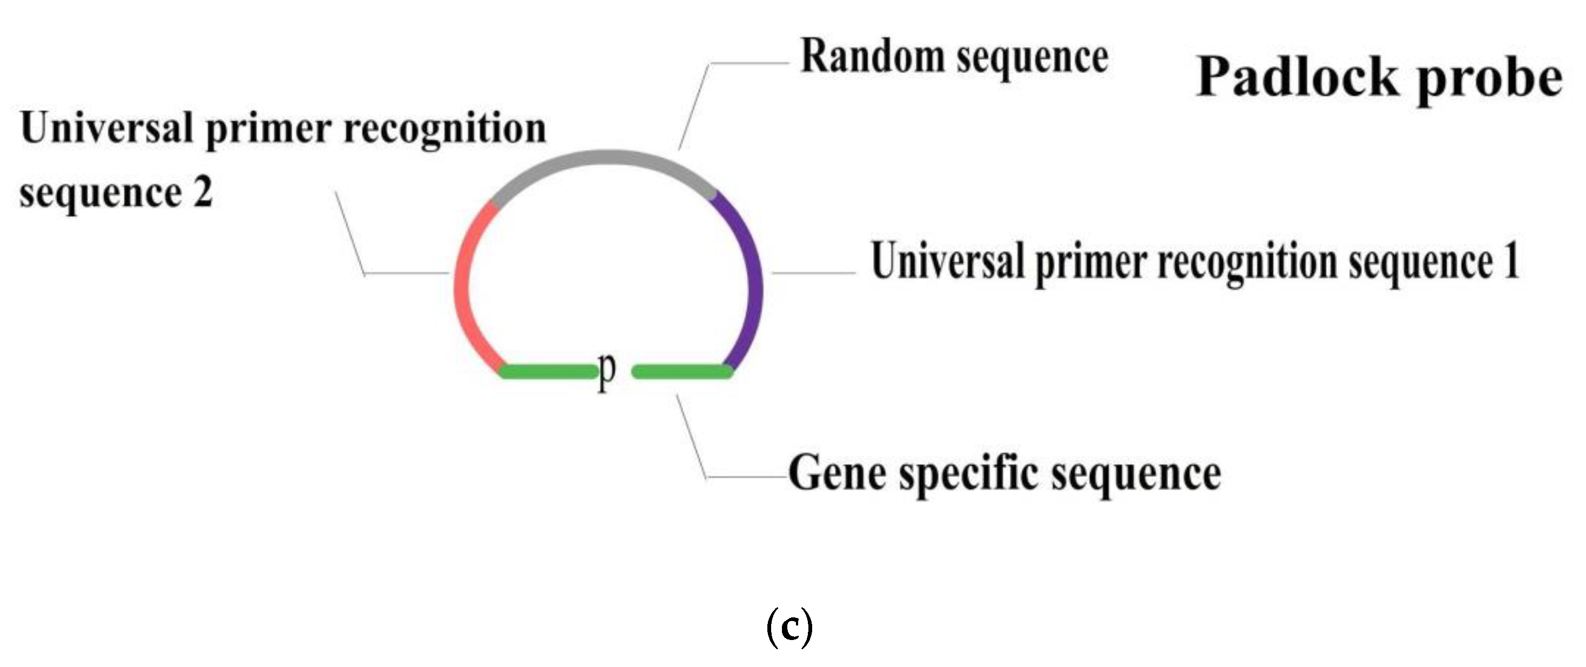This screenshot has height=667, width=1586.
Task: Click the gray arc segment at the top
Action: point(606,158)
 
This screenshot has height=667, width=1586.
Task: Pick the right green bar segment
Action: point(682,371)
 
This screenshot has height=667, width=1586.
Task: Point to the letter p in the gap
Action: point(606,372)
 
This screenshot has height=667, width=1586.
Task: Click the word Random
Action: point(872,57)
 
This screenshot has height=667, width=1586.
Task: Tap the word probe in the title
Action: point(1490,80)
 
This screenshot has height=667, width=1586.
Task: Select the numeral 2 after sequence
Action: point(203,193)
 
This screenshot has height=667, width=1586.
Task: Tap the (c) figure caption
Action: point(789,628)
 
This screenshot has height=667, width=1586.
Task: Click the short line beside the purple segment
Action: point(813,273)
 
